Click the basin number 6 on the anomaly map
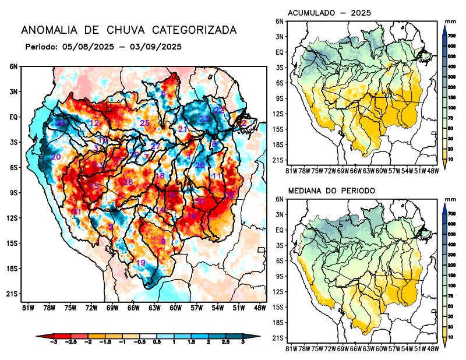click(x=164, y=94)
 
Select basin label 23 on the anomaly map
click(x=204, y=119)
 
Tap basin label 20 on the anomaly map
click(x=56, y=157)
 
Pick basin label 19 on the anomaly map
click(x=140, y=263)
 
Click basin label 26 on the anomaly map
click(x=128, y=183)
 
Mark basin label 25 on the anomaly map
click(x=145, y=123)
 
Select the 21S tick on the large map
click(x=12, y=294)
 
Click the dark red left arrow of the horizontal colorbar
click(x=41, y=336)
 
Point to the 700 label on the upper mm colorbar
click(x=452, y=36)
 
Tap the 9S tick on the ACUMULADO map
click(x=279, y=98)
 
